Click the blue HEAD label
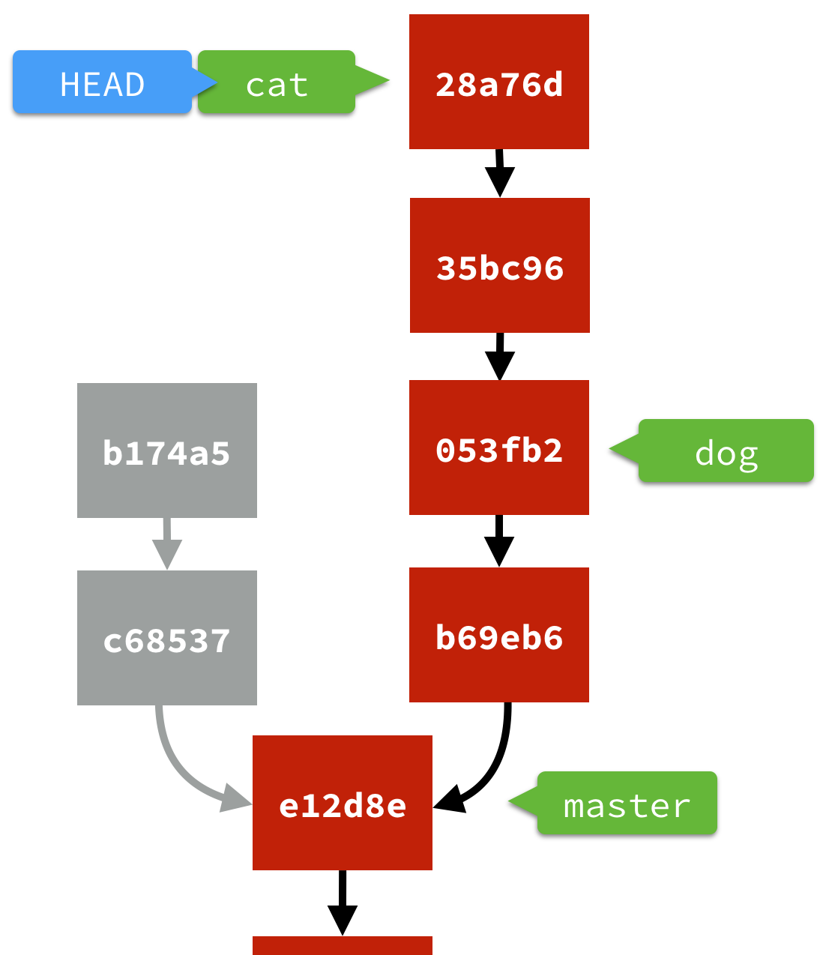click(102, 82)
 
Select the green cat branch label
click(277, 82)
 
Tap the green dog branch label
click(726, 451)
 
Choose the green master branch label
click(627, 804)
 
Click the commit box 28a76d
click(499, 82)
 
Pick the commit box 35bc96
click(500, 265)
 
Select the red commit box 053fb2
click(499, 448)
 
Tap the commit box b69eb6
click(499, 635)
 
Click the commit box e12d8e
click(343, 803)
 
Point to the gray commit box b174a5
click(167, 451)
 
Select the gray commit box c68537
click(167, 638)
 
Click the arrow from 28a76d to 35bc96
click(499, 173)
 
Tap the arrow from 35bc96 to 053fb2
click(499, 357)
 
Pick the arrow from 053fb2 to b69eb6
click(499, 541)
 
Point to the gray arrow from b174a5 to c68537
click(167, 544)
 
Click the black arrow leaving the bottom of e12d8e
click(343, 903)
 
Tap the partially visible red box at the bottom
click(343, 945)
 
